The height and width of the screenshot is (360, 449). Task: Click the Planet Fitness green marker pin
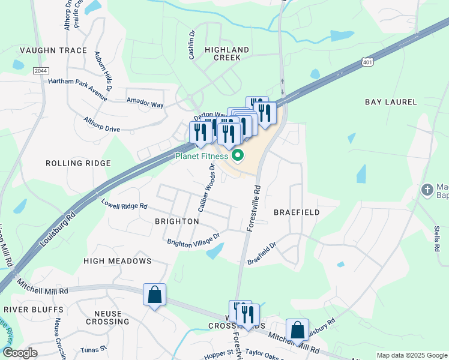coord(237,156)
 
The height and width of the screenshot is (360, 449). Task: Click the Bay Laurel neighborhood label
coord(391,103)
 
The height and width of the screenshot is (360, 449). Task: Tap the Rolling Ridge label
coord(79,163)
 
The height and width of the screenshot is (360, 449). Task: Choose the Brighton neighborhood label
coord(177,221)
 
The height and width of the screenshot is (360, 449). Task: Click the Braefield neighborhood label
coord(297,212)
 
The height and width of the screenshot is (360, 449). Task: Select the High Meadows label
coord(118,261)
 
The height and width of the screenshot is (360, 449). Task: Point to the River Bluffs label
coord(33,310)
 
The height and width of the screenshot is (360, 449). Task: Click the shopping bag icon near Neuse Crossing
coord(155,295)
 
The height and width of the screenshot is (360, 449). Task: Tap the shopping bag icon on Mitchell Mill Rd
coord(297,329)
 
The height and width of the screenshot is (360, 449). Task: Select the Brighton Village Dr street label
coord(194,240)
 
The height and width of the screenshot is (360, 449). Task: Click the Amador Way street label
coord(145,103)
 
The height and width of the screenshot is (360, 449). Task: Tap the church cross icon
coord(427,190)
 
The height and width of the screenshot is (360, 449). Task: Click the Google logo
coord(20,353)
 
